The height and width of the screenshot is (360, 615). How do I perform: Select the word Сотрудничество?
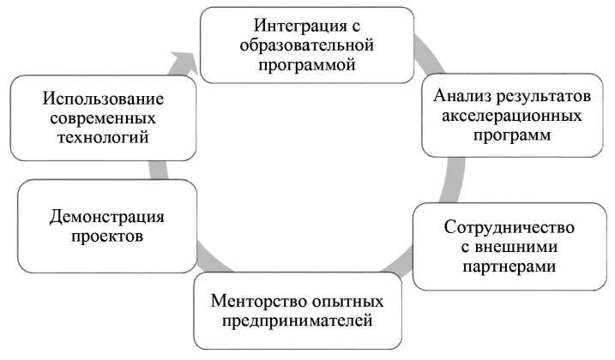[x=509, y=228]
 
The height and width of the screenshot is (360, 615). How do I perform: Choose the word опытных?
[x=347, y=303]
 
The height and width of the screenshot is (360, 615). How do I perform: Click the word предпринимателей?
[x=297, y=322]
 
